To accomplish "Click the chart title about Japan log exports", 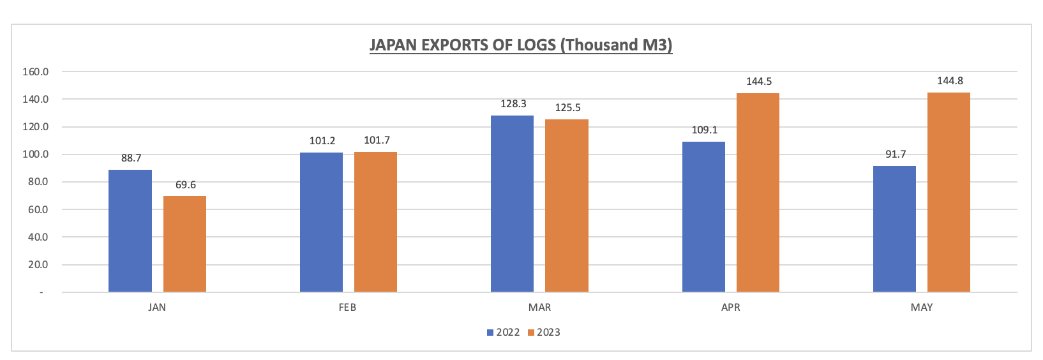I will click(521, 45).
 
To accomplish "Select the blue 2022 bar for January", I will click(130, 231).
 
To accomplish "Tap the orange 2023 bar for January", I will click(184, 244).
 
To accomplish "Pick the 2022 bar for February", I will click(321, 222).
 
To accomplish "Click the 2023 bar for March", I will click(566, 206).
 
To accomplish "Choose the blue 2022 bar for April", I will click(703, 217).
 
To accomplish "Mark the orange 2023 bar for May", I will click(949, 192).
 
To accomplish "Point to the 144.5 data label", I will click(759, 82).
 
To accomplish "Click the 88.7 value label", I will click(131, 158).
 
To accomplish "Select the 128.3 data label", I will click(513, 103).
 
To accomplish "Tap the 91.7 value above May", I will click(895, 154).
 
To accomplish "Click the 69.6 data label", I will click(186, 185).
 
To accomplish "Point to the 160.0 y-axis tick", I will click(36, 71).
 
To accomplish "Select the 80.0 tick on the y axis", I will click(36, 182).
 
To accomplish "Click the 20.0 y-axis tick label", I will click(36, 265).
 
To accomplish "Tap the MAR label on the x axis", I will click(539, 308).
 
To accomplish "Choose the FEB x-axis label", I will click(347, 308).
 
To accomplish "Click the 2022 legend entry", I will click(503, 333).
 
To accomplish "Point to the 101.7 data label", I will click(377, 140).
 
